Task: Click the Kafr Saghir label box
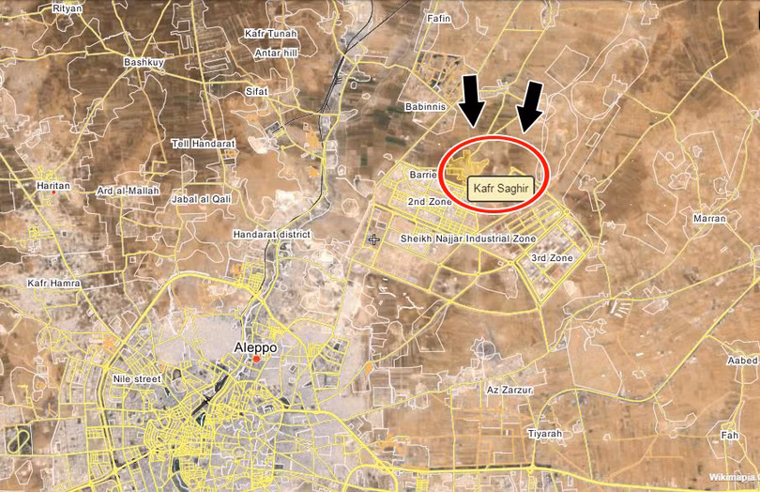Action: pyautogui.click(x=502, y=188)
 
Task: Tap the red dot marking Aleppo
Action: pyautogui.click(x=256, y=359)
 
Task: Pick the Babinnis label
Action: pyautogui.click(x=426, y=107)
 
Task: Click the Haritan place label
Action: pyautogui.click(x=53, y=186)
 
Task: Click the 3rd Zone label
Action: pyautogui.click(x=552, y=257)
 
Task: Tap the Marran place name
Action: pyautogui.click(x=708, y=219)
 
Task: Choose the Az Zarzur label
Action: pyautogui.click(x=509, y=389)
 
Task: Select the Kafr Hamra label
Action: pyautogui.click(x=53, y=283)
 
